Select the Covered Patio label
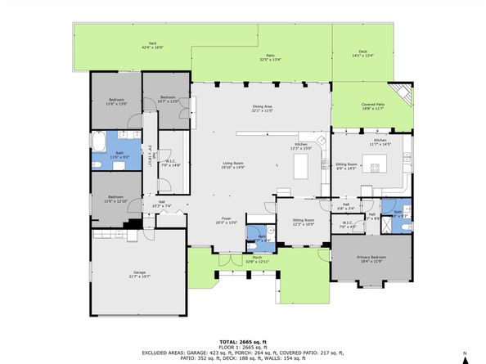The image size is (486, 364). point(372,106)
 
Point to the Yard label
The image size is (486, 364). point(151,46)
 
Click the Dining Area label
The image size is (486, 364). point(262,108)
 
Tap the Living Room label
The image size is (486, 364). point(233,165)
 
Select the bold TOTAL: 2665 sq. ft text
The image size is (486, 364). point(243,340)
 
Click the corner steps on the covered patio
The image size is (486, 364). point(399,92)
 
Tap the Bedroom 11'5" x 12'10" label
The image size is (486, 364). point(115,199)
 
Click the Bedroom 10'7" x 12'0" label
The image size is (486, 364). point(168,99)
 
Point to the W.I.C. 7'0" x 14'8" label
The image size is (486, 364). point(169,163)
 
